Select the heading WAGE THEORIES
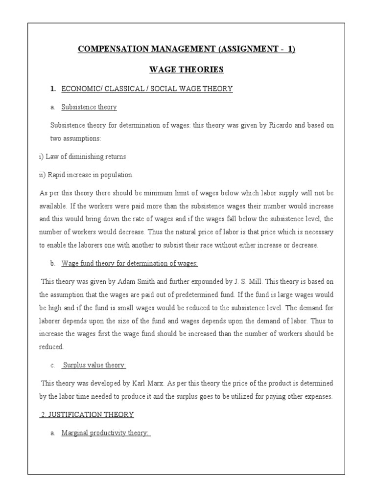tap(188, 69)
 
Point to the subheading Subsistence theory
tap(89, 107)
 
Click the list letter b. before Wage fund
tap(52, 263)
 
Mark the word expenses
tap(317, 396)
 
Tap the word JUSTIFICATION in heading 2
tap(76, 415)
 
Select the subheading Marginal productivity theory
tap(105, 433)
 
